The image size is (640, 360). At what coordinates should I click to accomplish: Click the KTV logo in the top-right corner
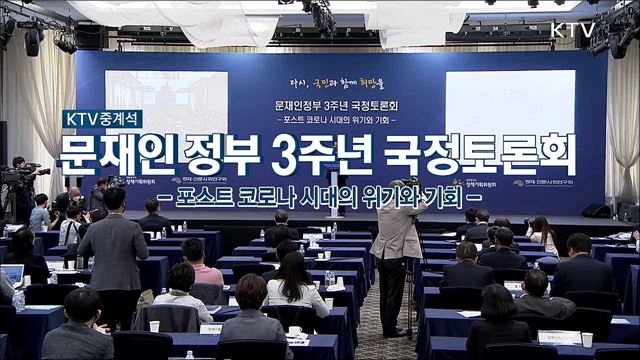pos(571,29)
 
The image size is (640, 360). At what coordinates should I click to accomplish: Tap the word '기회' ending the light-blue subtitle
pos(466,193)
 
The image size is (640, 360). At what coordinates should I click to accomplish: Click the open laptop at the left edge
pos(12,274)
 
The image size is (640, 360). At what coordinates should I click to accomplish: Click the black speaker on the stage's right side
pos(596,211)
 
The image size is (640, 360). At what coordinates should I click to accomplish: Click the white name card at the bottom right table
pos(561,337)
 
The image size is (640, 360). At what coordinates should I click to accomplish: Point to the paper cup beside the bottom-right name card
pos(587,340)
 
